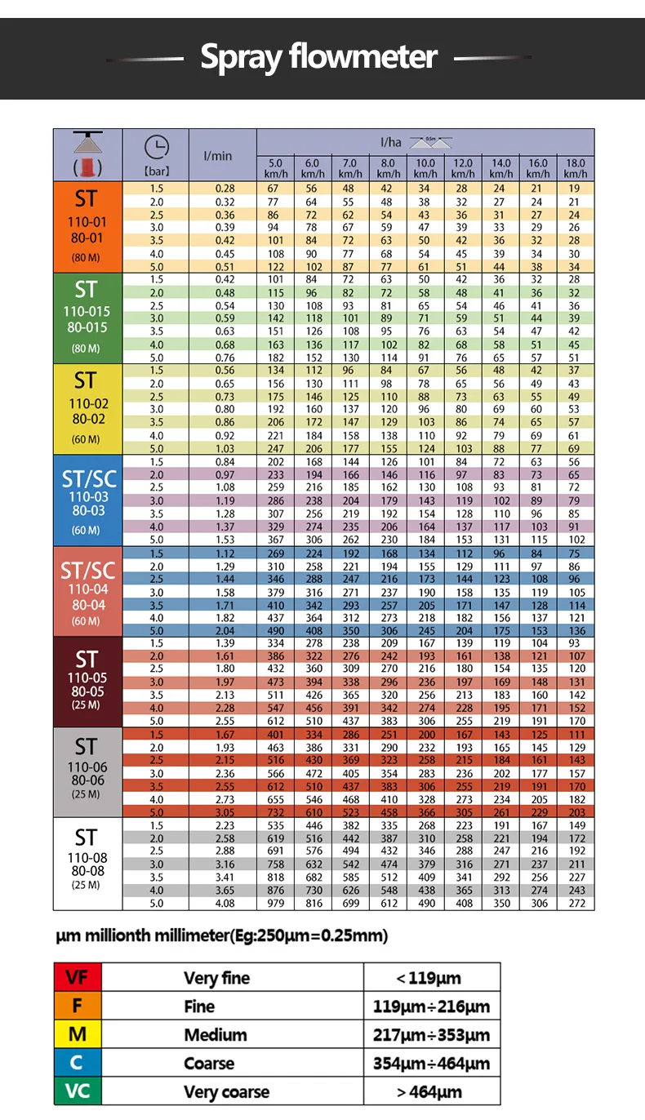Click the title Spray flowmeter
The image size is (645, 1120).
pos(318,57)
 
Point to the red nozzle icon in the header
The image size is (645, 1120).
pos(87,167)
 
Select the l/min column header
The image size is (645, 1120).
pos(217,156)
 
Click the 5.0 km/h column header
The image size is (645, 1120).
pos(275,168)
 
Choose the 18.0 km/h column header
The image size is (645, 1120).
pos(576,168)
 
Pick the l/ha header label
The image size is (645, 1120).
pos(390,143)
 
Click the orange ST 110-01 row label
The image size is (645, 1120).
pos(87,227)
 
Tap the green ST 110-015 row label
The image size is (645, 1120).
pos(87,318)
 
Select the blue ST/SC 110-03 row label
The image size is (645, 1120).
pos(87,500)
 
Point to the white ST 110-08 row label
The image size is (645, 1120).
pos(87,864)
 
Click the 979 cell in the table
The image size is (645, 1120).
pos(275,904)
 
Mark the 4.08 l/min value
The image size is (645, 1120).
pos(225,904)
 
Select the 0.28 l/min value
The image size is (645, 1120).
pos(225,189)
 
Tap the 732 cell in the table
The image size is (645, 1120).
pos(275,812)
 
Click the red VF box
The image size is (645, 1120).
pos(78,977)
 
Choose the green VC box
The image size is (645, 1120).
pos(78,1091)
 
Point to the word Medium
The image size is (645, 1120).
pos(216,1034)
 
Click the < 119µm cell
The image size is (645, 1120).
pos(432,977)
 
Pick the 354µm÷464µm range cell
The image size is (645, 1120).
pos(432,1063)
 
